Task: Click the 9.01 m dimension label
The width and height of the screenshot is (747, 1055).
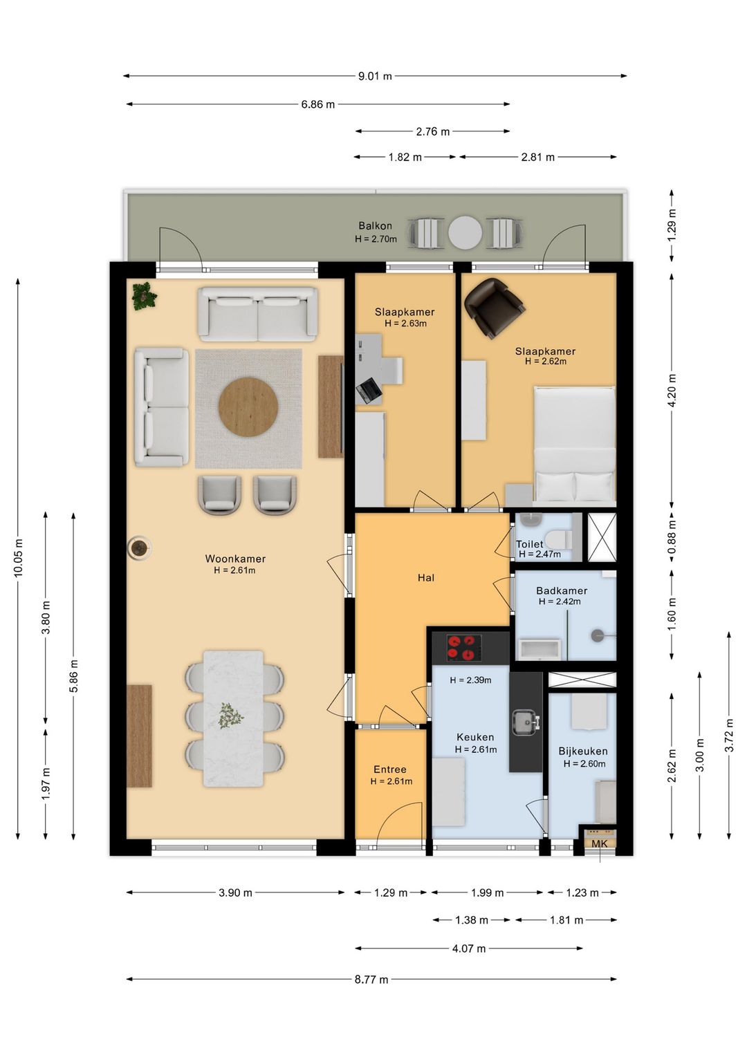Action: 375,76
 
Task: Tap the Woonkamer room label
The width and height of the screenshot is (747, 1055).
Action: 235,559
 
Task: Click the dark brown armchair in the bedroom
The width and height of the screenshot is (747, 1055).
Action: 495,308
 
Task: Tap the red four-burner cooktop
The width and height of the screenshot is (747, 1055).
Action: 464,647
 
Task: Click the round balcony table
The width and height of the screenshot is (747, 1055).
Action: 465,232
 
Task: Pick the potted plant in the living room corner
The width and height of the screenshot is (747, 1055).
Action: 144,296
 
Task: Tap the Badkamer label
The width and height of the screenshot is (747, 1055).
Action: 562,590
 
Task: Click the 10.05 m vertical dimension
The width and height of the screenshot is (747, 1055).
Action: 18,558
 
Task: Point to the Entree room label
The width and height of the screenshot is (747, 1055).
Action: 390,769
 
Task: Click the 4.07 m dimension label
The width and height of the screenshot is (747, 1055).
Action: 468,948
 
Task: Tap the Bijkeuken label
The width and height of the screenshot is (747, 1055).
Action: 583,751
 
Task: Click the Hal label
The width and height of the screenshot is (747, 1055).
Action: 426,577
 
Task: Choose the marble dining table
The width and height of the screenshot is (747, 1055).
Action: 233,719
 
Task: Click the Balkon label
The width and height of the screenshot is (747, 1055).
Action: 375,225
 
